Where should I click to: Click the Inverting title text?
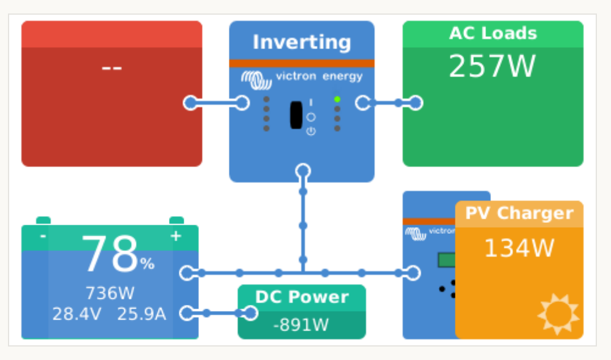pos(302,42)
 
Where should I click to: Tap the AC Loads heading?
pos(493,33)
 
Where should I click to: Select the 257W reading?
pos(492,66)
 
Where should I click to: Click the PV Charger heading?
pos(519,213)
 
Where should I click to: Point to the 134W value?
pos(519,248)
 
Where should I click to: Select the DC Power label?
pos(302,297)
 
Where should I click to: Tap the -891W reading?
pos(301,324)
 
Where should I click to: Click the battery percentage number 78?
pos(110,255)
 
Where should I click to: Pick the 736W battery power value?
pos(110,293)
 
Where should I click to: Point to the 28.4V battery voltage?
pos(77,314)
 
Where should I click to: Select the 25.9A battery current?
pos(141,314)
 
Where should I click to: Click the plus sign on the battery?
pos(176,236)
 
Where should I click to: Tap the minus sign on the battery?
pos(43,236)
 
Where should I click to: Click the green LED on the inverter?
pos(337,99)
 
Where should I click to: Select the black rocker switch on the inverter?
pos(296,114)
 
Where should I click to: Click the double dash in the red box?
pos(111,67)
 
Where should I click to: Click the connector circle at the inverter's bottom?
pos(302,171)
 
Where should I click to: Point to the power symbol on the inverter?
pos(311,131)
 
